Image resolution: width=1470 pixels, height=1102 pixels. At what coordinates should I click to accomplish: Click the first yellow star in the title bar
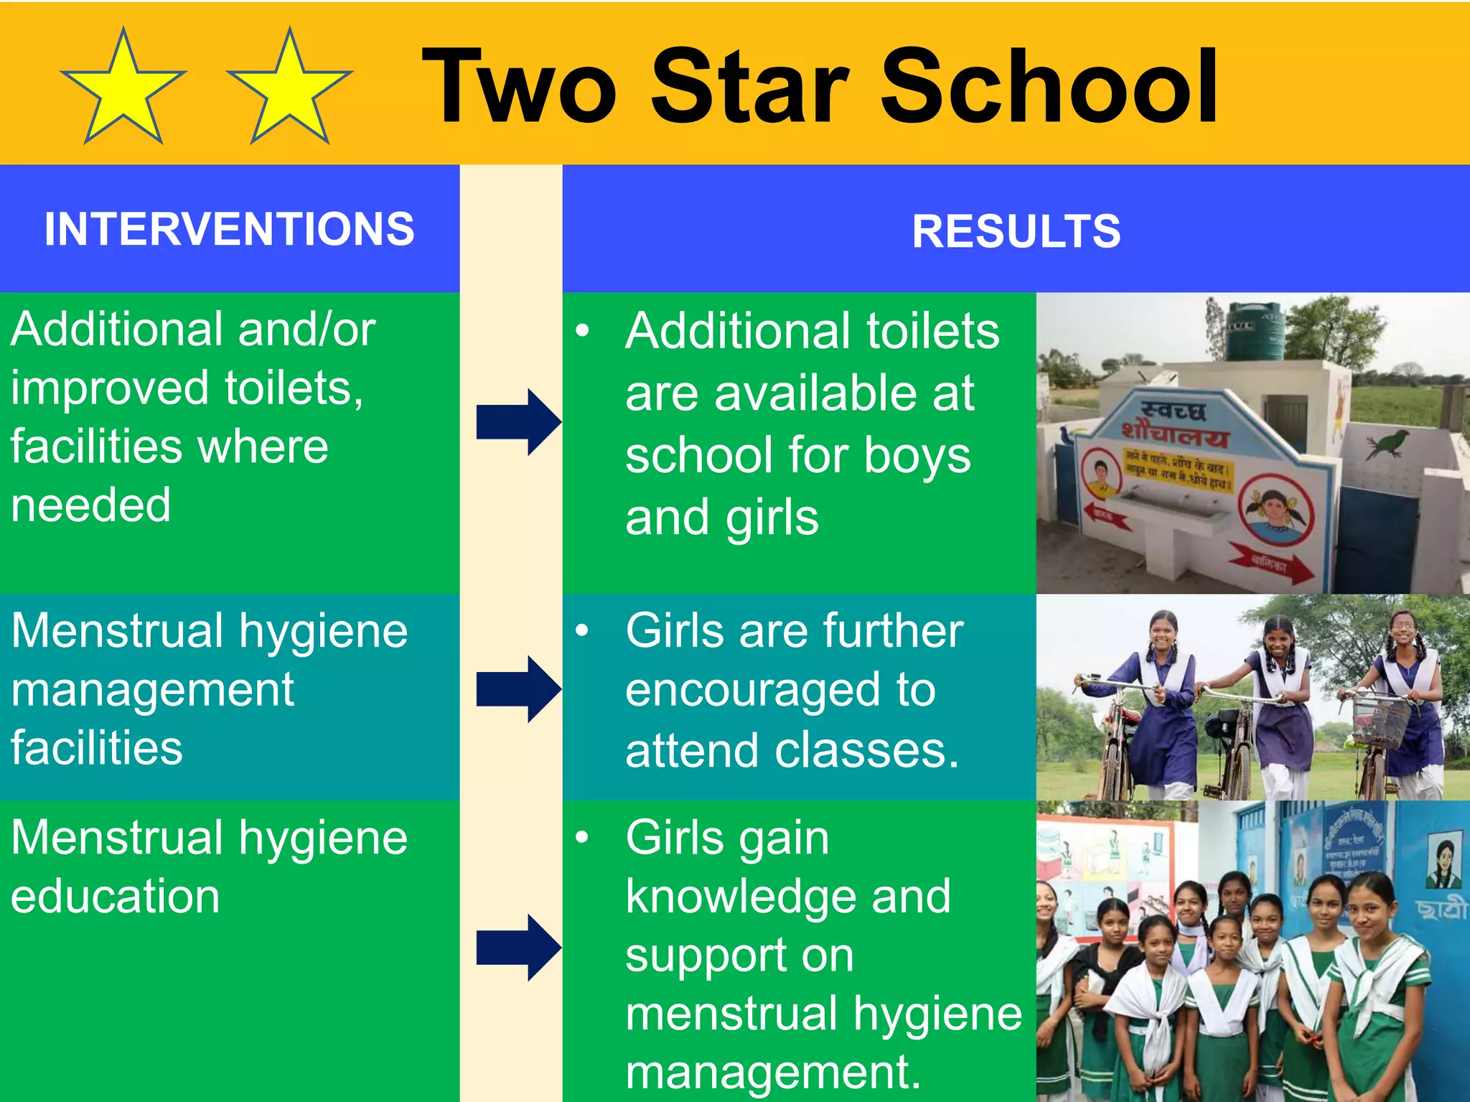[x=123, y=90]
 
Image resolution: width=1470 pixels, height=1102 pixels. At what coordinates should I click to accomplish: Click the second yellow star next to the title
[x=289, y=90]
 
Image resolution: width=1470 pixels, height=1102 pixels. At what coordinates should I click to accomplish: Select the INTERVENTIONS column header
[x=230, y=229]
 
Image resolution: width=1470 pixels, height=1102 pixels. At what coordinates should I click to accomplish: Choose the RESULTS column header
[x=1016, y=231]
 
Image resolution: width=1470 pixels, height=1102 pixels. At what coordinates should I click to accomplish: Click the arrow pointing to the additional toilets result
[x=518, y=422]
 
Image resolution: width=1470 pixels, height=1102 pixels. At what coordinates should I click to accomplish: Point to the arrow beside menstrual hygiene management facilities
[x=518, y=688]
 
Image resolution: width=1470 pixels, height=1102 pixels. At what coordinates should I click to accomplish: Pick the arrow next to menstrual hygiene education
[x=518, y=948]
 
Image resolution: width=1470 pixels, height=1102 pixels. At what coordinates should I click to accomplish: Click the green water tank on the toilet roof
[x=1254, y=331]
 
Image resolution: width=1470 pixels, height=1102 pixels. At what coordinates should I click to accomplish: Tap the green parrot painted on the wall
[x=1390, y=442]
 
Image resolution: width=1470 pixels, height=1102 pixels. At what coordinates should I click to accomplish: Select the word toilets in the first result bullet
[x=932, y=332]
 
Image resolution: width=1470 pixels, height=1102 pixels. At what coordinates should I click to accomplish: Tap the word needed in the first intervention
[x=91, y=505]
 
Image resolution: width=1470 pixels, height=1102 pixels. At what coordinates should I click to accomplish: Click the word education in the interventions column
[x=115, y=897]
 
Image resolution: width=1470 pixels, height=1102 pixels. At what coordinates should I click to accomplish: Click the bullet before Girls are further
[x=582, y=630]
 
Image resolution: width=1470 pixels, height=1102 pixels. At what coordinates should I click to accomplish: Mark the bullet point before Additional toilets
[x=582, y=330]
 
